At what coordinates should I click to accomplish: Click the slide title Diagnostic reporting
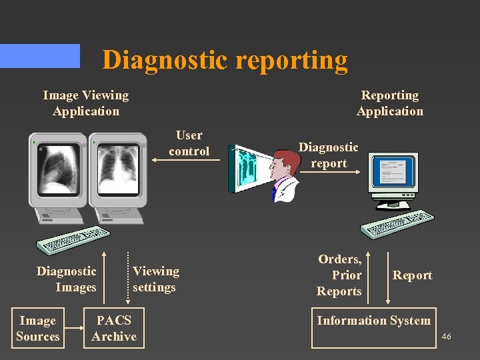click(225, 60)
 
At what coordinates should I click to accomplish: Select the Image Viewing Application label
click(85, 103)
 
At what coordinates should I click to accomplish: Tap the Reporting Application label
click(389, 103)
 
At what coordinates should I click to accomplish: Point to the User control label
click(189, 143)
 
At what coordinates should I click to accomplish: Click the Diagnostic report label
click(328, 155)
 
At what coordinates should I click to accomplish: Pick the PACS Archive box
click(114, 328)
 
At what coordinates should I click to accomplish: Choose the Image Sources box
click(38, 328)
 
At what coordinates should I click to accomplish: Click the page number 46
click(446, 337)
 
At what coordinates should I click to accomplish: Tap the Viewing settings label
click(155, 279)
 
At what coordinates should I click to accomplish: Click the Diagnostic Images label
click(67, 279)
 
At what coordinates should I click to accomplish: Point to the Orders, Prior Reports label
click(339, 275)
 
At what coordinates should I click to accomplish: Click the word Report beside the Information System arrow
click(412, 275)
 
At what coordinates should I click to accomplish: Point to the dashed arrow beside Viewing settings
click(129, 277)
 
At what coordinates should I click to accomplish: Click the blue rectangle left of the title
click(40, 56)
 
